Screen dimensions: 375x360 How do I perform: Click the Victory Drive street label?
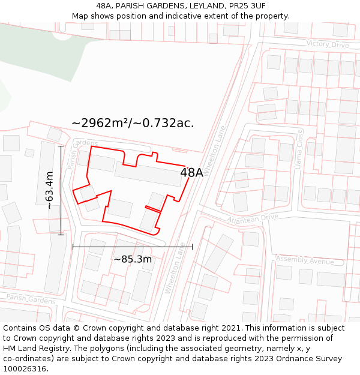click(327, 44)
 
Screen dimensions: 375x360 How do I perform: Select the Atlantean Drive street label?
click(253, 220)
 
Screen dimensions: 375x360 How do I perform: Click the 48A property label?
click(191, 173)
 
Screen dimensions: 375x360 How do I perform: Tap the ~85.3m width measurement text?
click(133, 259)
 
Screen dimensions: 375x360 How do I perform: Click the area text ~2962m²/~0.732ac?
click(133, 123)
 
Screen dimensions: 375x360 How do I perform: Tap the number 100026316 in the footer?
click(26, 369)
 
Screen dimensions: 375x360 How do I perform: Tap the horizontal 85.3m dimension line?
click(133, 247)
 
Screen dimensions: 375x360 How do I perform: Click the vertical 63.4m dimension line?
click(61, 190)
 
